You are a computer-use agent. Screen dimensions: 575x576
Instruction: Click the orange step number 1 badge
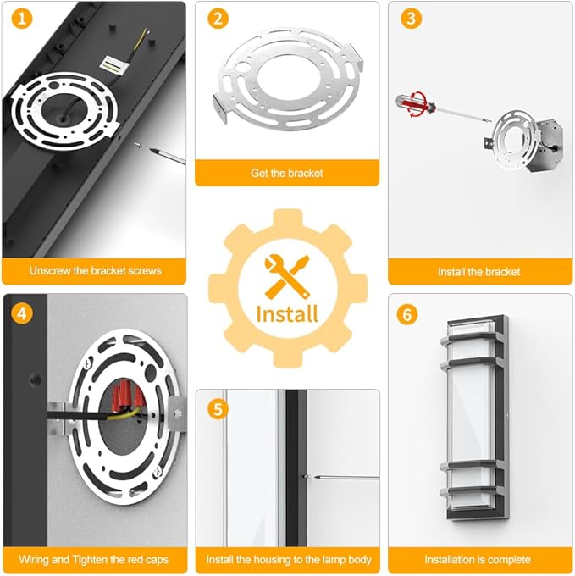click(x=22, y=18)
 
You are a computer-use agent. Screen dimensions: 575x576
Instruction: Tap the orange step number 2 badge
click(x=218, y=19)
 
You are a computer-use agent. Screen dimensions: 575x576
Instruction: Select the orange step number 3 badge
click(x=412, y=19)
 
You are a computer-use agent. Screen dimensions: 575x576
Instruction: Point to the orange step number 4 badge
click(x=22, y=314)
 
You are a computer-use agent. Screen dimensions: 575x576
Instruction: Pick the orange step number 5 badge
click(x=218, y=409)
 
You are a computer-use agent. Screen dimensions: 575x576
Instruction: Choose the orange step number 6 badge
click(x=407, y=315)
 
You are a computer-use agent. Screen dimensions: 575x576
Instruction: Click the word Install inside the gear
click(x=287, y=314)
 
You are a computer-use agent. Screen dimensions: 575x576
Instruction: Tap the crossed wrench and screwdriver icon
click(x=287, y=276)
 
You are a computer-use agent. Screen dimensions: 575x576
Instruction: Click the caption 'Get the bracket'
click(x=287, y=173)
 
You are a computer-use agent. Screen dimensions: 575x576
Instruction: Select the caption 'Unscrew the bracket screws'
click(x=96, y=271)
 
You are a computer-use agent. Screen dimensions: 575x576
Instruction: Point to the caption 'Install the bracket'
click(x=479, y=272)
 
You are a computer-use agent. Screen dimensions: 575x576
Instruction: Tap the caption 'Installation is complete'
click(x=478, y=559)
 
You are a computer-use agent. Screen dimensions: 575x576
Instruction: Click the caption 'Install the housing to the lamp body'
click(x=289, y=559)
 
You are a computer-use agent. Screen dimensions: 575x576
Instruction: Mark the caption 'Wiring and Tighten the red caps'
click(x=94, y=559)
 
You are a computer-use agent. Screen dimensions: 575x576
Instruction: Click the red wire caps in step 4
click(x=127, y=396)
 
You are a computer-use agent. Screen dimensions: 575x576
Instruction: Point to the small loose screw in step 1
click(x=137, y=145)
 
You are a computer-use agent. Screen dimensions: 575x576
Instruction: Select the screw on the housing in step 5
click(x=306, y=477)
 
